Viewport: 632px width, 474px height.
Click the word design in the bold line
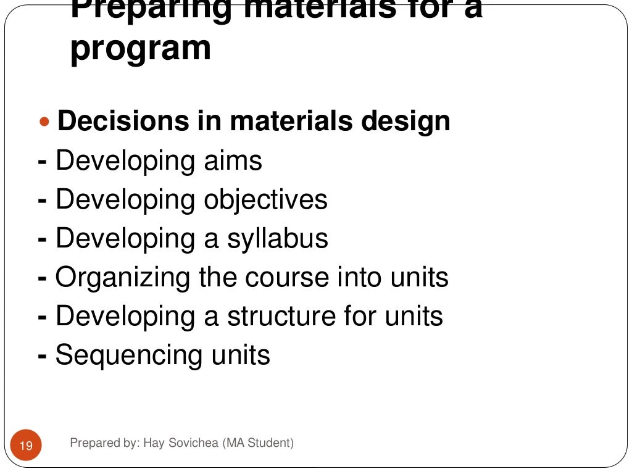[x=406, y=122]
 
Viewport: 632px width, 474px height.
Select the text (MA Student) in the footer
[x=259, y=443]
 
